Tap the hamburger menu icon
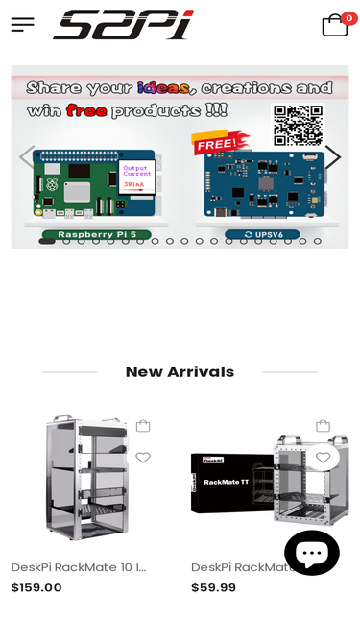[x=22, y=25]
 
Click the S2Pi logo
[x=124, y=25]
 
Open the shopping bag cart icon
[x=334, y=26]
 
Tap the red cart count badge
[x=349, y=18]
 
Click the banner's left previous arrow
[x=27, y=157]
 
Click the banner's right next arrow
[x=332, y=157]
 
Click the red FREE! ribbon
[x=220, y=144]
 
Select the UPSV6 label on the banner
[x=261, y=234]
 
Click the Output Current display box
[x=137, y=177]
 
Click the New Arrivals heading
[x=180, y=372]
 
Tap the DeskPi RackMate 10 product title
[x=79, y=567]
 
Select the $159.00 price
[x=36, y=588]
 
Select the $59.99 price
[x=213, y=588]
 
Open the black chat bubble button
[x=311, y=553]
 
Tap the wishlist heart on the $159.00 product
[x=143, y=458]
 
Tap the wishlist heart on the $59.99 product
[x=323, y=458]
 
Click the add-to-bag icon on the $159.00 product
[x=143, y=426]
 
